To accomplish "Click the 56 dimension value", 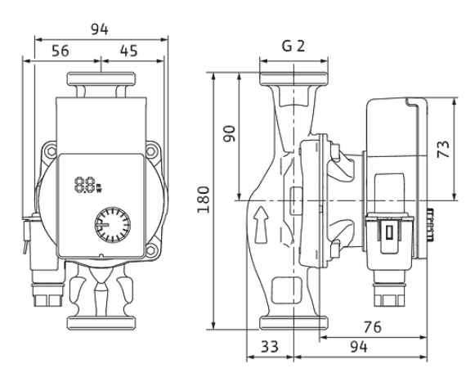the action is click(x=60, y=51).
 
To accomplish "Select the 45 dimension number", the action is click(x=129, y=51).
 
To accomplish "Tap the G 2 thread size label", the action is click(x=293, y=46).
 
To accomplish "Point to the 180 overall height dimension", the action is click(x=204, y=200).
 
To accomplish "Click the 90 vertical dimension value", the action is click(x=230, y=134).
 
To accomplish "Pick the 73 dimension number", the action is click(x=443, y=149).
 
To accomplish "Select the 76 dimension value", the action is click(x=372, y=327).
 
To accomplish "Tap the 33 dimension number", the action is click(x=270, y=347).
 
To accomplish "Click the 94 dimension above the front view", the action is click(x=100, y=29).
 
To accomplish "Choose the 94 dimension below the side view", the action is click(x=359, y=347).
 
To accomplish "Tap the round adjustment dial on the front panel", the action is click(x=113, y=225).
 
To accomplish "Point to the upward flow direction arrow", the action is click(x=261, y=225).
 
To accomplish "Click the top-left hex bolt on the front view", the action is click(x=51, y=151).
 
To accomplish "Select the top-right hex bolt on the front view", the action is click(x=151, y=151).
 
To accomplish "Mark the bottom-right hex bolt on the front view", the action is click(x=151, y=250).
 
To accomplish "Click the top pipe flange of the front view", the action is click(x=101, y=79).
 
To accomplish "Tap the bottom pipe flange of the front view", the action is click(x=101, y=323).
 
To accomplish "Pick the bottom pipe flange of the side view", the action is click(x=294, y=323).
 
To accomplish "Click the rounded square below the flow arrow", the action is click(x=287, y=290).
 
